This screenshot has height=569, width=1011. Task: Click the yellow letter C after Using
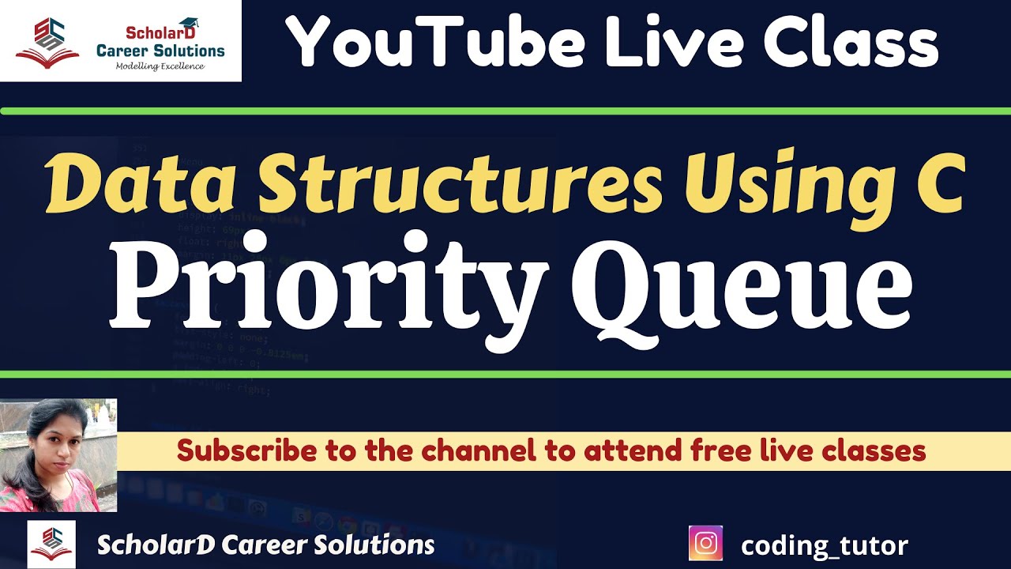pos(940,183)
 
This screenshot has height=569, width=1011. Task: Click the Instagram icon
pos(705,544)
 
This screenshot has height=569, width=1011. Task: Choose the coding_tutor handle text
pos(825,545)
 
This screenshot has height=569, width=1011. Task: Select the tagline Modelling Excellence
pos(160,66)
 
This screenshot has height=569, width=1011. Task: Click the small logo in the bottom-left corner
pos(51,544)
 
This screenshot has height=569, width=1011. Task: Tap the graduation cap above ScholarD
pos(189,24)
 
